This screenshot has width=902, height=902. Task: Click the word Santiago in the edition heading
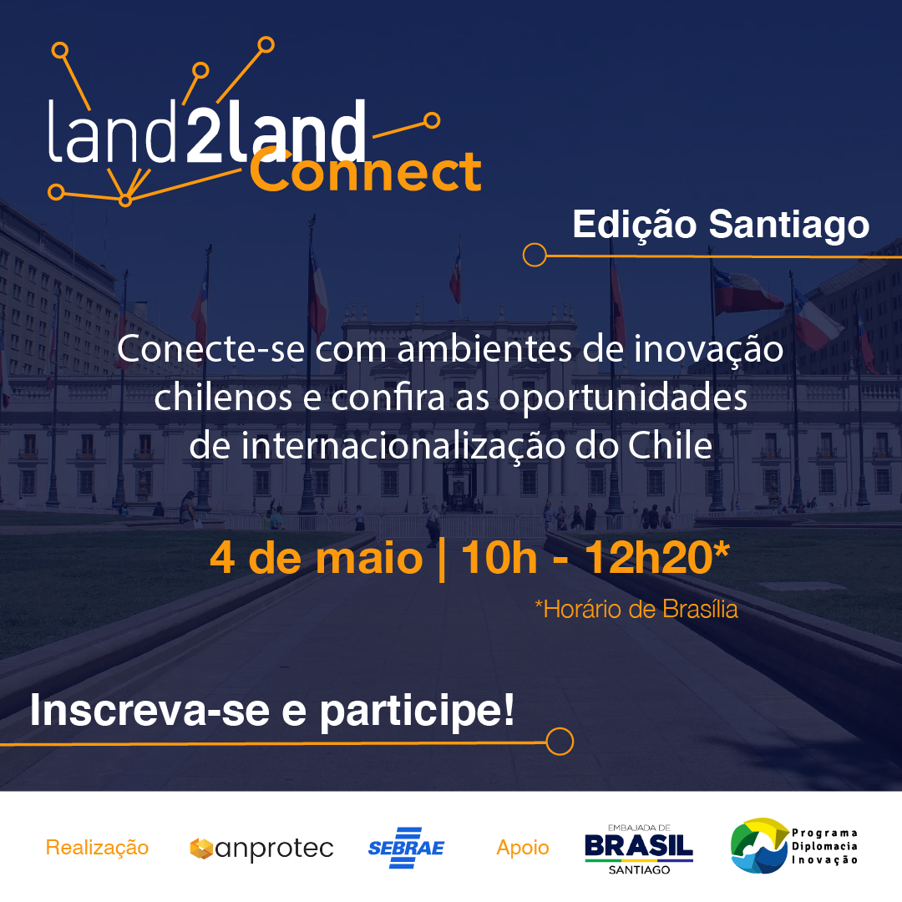(x=788, y=225)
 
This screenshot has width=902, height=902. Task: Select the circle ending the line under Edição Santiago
(x=535, y=255)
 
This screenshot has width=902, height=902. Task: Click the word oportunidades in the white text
(x=623, y=398)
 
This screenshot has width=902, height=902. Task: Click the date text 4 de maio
(x=317, y=558)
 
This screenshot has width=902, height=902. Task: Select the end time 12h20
(x=650, y=557)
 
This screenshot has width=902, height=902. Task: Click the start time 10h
(x=499, y=557)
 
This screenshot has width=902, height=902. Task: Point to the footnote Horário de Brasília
(x=636, y=609)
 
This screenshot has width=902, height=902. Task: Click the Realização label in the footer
(x=97, y=848)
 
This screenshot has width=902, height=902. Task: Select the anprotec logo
(x=261, y=849)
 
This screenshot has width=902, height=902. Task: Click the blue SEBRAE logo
(x=406, y=848)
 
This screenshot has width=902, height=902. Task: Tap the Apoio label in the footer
(x=523, y=848)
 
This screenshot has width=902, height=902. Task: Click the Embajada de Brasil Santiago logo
(x=639, y=849)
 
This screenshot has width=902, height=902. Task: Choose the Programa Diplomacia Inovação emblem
(x=794, y=845)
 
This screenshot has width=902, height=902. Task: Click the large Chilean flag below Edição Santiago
(x=746, y=291)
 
